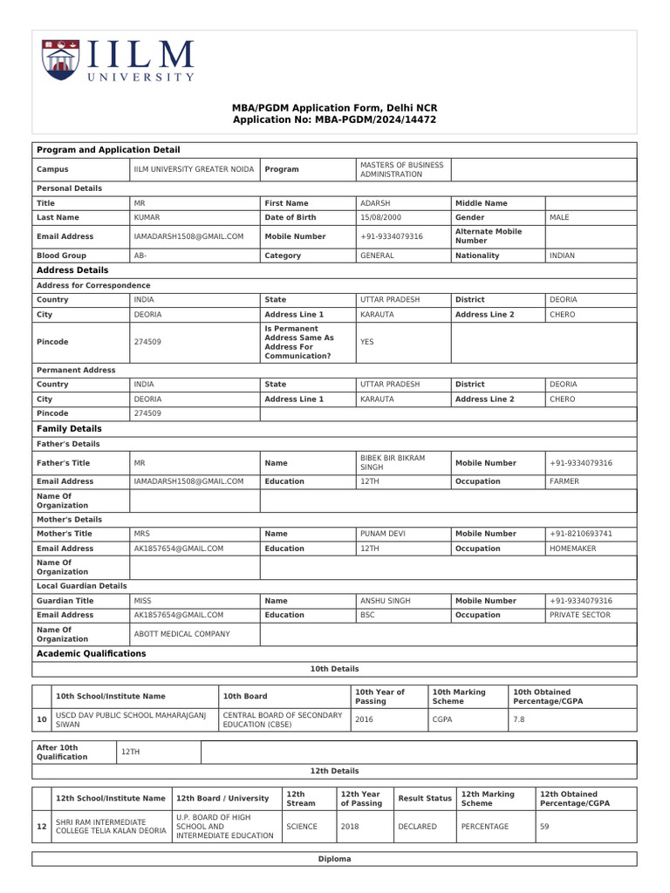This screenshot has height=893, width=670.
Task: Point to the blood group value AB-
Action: pyautogui.click(x=140, y=256)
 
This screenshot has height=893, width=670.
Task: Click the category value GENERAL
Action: pyautogui.click(x=377, y=256)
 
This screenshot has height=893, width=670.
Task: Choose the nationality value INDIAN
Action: pyautogui.click(x=562, y=256)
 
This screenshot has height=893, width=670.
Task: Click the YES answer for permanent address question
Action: pyautogui.click(x=366, y=342)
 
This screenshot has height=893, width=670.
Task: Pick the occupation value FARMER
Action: pyautogui.click(x=564, y=481)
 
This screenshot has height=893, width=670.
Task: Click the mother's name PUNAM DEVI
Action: pyautogui.click(x=382, y=534)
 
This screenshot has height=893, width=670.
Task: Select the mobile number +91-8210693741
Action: pyautogui.click(x=580, y=534)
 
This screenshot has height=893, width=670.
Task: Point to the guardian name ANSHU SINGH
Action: pyautogui.click(x=384, y=601)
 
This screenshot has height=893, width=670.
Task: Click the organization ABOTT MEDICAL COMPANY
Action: pyautogui.click(x=181, y=634)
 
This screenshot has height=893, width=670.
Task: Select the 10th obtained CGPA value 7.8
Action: pyautogui.click(x=519, y=719)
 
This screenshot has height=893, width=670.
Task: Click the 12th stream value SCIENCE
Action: pyautogui.click(x=302, y=826)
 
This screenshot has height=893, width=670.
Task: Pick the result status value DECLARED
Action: pyautogui.click(x=417, y=826)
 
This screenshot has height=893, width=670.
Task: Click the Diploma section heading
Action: pyautogui.click(x=335, y=859)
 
